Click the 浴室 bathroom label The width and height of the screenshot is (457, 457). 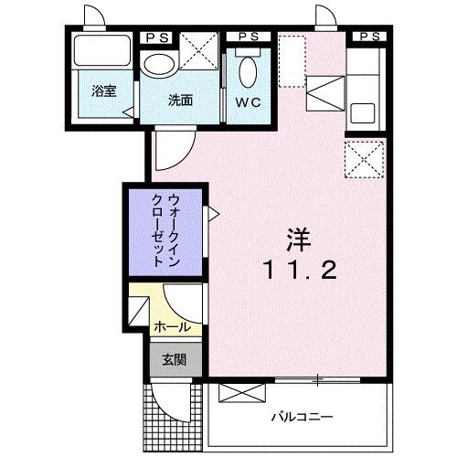pyautogui.click(x=102, y=92)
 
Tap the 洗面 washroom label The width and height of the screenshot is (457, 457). pyautogui.click(x=179, y=101)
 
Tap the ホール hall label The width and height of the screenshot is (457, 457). pyautogui.click(x=172, y=326)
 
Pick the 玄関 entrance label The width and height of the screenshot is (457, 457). pyautogui.click(x=175, y=359)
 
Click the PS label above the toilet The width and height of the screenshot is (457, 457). pyautogui.click(x=247, y=36)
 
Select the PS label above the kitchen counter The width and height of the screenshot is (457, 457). pyautogui.click(x=371, y=36)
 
